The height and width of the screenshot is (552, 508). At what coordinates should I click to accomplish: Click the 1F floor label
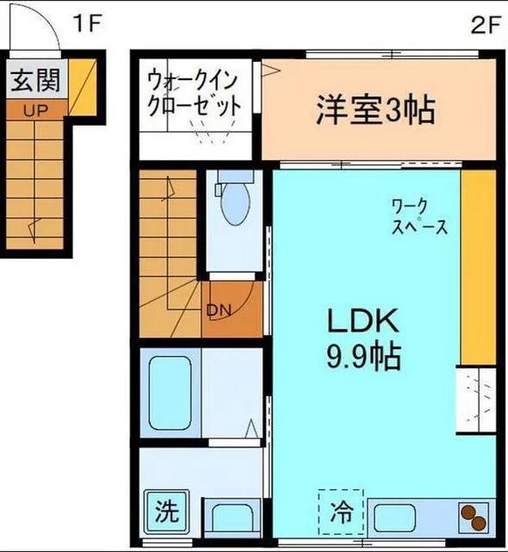click(87, 23)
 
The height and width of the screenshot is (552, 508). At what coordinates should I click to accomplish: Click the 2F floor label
click(486, 25)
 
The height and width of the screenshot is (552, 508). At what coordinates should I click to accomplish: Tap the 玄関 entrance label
click(35, 80)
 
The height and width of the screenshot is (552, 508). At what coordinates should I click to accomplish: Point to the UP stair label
click(35, 111)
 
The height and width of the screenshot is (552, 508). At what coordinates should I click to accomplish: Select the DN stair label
click(220, 310)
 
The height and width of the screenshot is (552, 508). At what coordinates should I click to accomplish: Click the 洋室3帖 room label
click(375, 110)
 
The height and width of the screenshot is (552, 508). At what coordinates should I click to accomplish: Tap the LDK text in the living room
click(362, 321)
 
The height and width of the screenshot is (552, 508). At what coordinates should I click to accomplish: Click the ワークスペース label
click(419, 217)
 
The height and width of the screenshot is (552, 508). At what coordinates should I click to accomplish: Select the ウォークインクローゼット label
click(194, 93)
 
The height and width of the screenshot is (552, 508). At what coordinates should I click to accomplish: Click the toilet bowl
click(235, 202)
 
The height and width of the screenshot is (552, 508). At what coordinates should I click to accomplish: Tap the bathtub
click(170, 393)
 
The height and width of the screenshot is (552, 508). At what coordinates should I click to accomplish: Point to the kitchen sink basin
click(394, 518)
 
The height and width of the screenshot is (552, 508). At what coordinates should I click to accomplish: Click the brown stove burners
click(474, 517)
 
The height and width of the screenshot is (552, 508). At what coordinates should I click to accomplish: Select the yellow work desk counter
click(479, 267)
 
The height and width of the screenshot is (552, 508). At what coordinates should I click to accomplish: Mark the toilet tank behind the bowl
click(236, 176)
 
